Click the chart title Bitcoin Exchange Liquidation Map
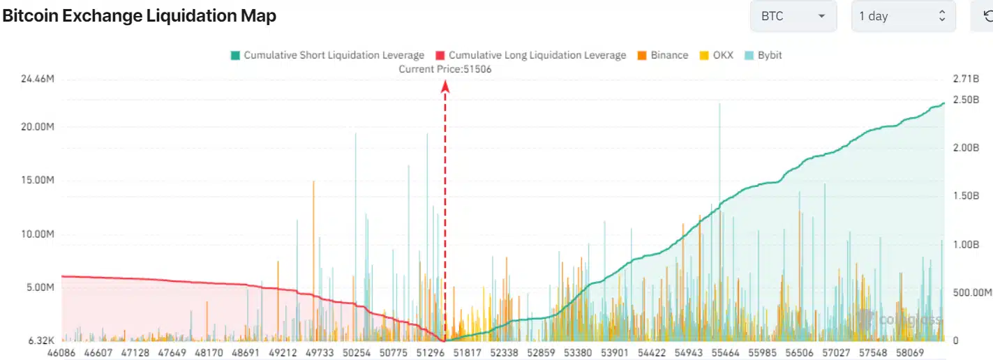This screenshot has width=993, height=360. point(140,16)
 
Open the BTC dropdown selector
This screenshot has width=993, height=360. point(793,16)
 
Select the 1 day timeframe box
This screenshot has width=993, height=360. point(903,16)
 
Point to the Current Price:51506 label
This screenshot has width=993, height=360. point(445,69)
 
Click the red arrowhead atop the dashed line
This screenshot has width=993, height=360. point(445,86)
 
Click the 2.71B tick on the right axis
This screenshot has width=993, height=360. point(966,80)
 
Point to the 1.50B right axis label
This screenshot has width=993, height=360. point(966,196)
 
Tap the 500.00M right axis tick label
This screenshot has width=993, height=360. point(971,292)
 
